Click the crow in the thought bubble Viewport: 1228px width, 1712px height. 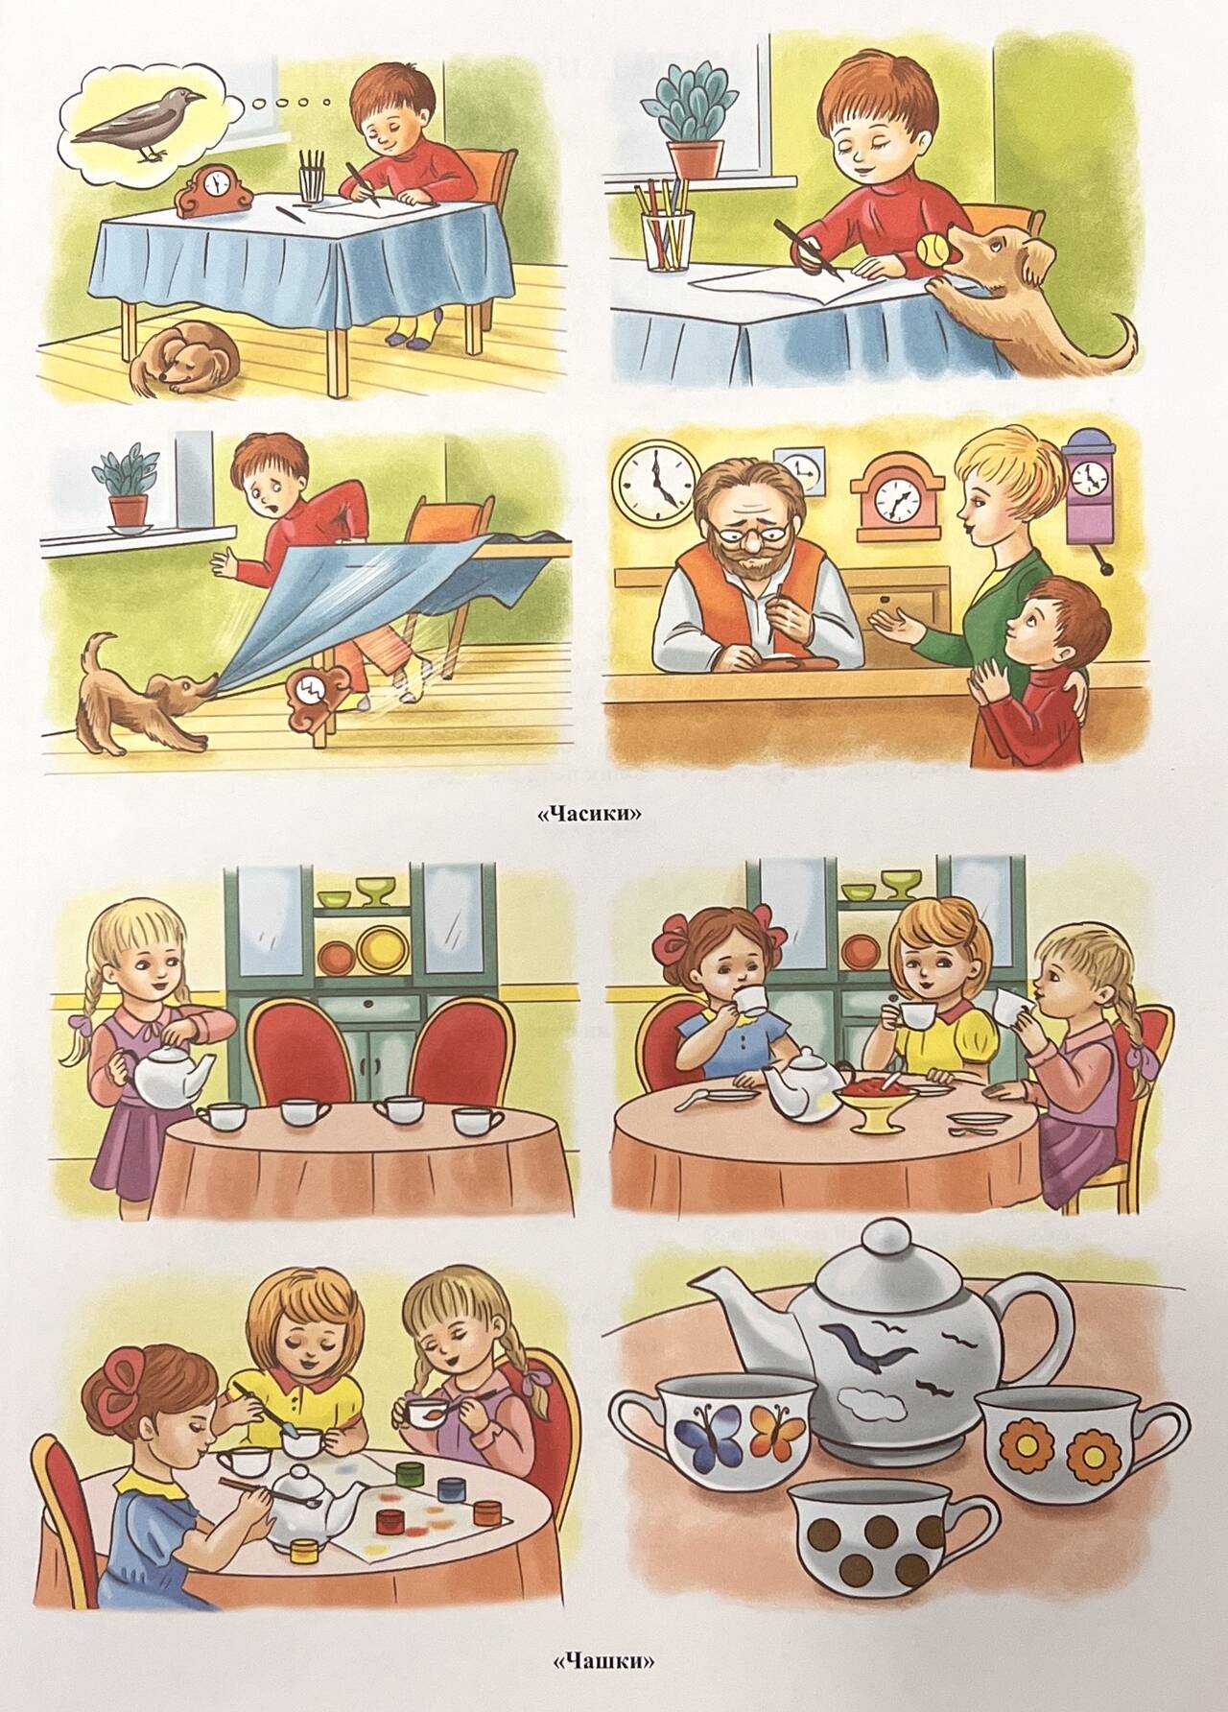coord(144,123)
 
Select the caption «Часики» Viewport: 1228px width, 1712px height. coord(588,814)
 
